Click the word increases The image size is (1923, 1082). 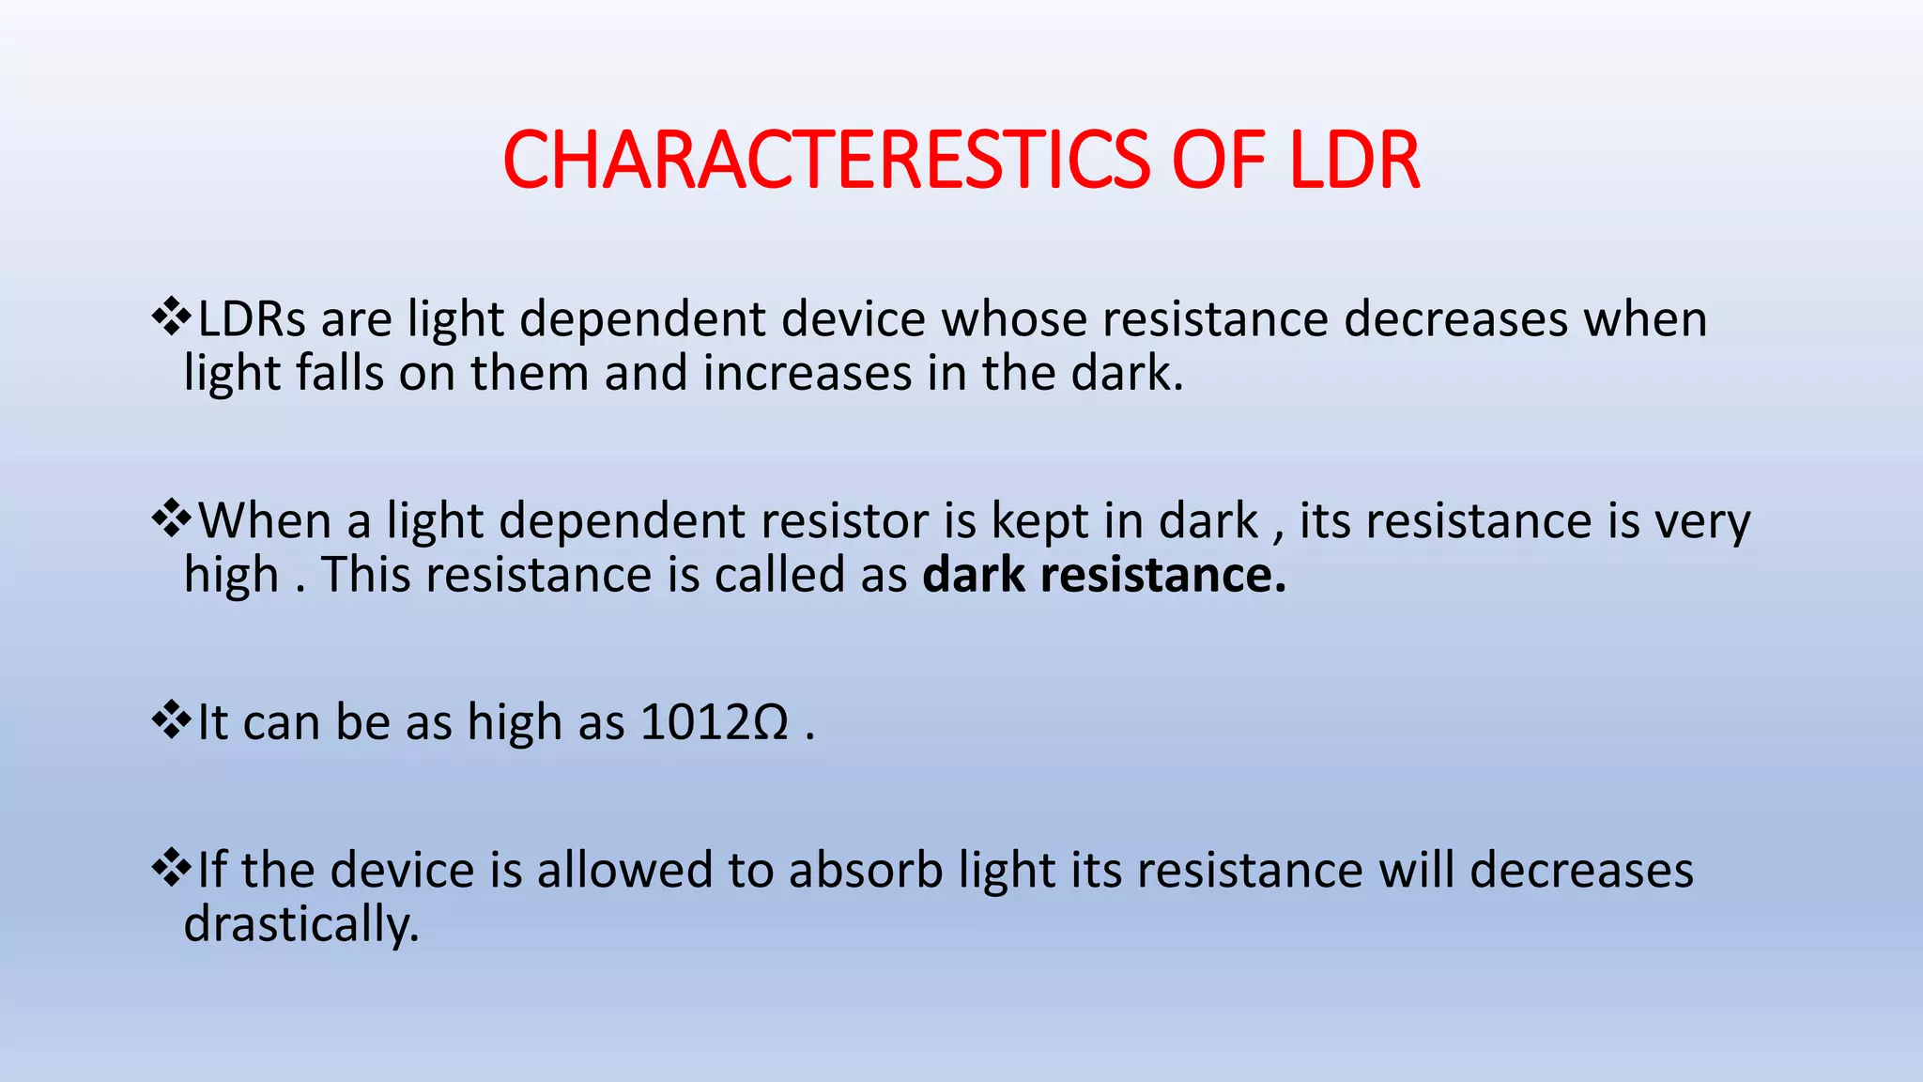click(808, 373)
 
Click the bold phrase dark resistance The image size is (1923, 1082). click(1103, 575)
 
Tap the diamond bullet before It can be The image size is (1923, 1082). click(171, 720)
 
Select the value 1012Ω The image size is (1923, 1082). click(714, 723)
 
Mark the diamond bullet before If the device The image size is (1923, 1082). click(171, 868)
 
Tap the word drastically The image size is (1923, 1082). click(300, 925)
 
